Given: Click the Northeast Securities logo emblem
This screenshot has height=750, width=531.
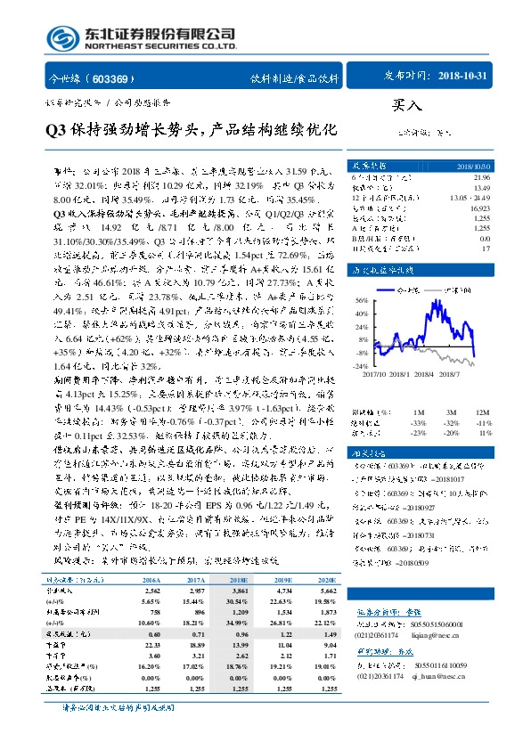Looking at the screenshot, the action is point(64,38).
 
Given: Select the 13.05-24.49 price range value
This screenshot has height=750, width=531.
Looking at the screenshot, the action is point(471,197).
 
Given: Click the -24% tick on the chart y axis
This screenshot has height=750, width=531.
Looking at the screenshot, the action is point(361,364).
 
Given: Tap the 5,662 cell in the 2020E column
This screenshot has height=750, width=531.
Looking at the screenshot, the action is point(324,590).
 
